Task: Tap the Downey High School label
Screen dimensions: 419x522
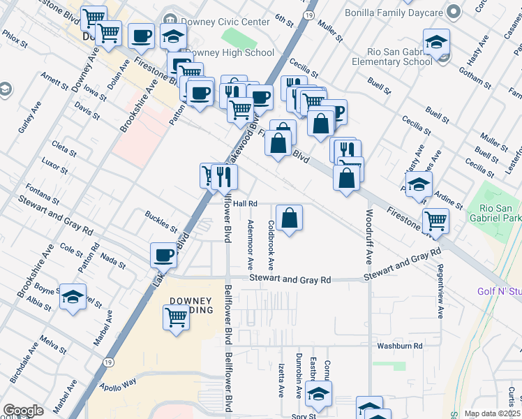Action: tap(230, 52)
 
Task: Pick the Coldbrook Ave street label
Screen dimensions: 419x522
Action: tap(271, 246)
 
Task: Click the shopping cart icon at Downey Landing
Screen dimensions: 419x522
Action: tap(177, 317)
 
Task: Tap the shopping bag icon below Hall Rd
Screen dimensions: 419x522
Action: tap(289, 218)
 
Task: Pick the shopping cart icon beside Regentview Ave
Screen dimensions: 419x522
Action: tap(435, 221)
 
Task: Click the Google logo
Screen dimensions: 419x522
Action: tap(24, 411)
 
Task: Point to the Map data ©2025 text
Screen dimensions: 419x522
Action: tap(491, 413)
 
